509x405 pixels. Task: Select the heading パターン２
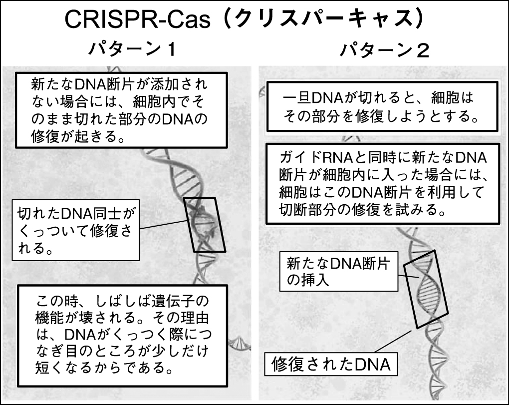[x=384, y=50]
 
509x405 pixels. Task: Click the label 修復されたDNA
[x=330, y=365]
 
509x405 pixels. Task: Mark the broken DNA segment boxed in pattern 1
[x=205, y=224]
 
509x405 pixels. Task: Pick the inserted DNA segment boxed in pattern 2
[x=426, y=288]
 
